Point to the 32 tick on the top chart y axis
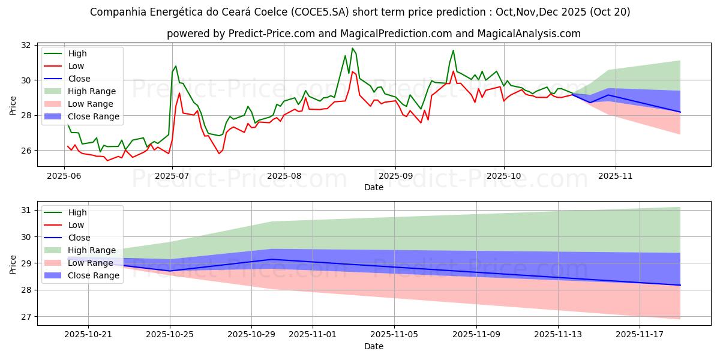click(x=25, y=45)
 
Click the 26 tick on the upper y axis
click(x=25, y=151)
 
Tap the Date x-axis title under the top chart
click(x=374, y=187)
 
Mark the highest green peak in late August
click(x=352, y=48)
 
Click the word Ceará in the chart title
click(x=268, y=12)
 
